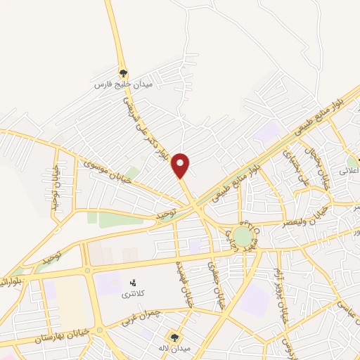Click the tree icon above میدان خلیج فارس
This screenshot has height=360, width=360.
click(124, 72)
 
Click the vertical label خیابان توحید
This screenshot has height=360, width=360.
click(55, 182)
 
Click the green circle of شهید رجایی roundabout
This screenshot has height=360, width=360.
click(243, 235)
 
